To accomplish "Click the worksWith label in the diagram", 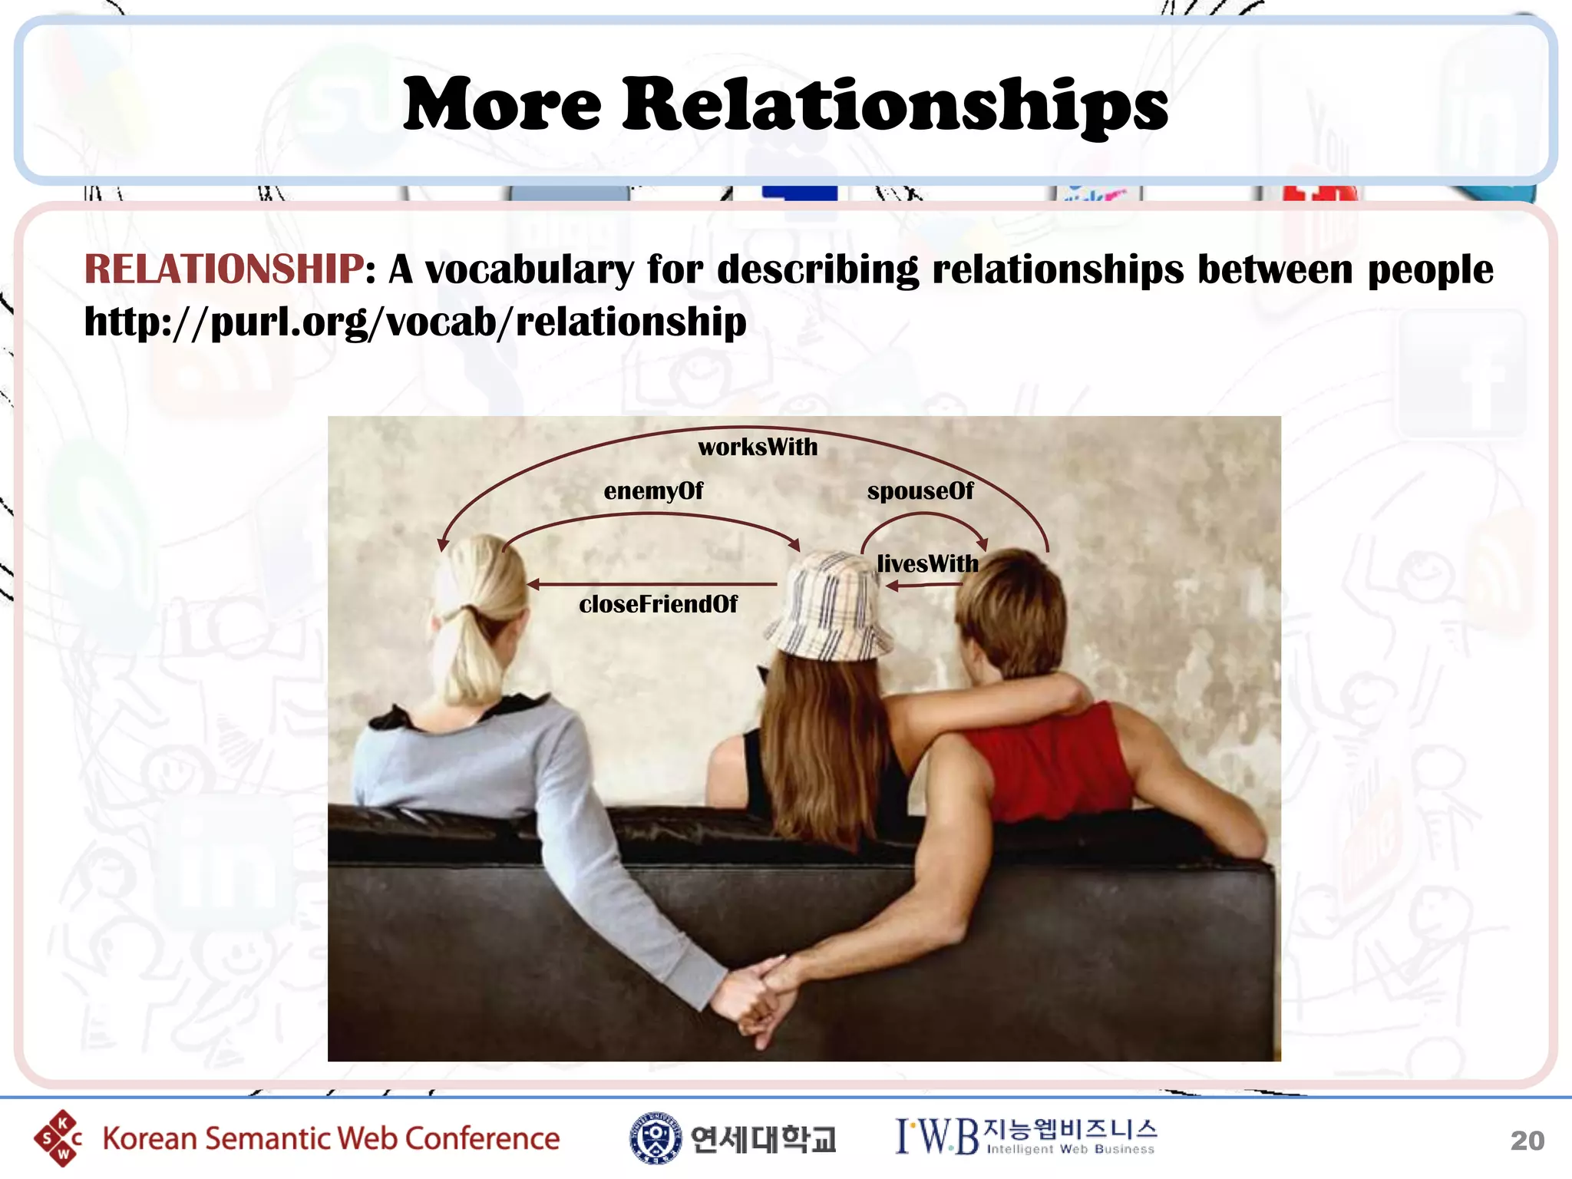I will [x=758, y=447].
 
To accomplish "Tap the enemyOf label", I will [x=653, y=491].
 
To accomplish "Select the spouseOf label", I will [x=920, y=491].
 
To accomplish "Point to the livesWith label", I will [x=927, y=564].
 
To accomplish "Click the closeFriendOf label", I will [x=658, y=605].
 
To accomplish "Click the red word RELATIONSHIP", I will [x=223, y=269].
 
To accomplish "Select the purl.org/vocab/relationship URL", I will [x=415, y=322].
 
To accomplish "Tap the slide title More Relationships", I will [x=785, y=105].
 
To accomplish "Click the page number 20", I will [x=1527, y=1141].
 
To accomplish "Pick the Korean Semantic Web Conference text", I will [x=331, y=1139].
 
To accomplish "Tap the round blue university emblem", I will [x=655, y=1138].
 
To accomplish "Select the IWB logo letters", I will [x=937, y=1137].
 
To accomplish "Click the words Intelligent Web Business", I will [x=1070, y=1150].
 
